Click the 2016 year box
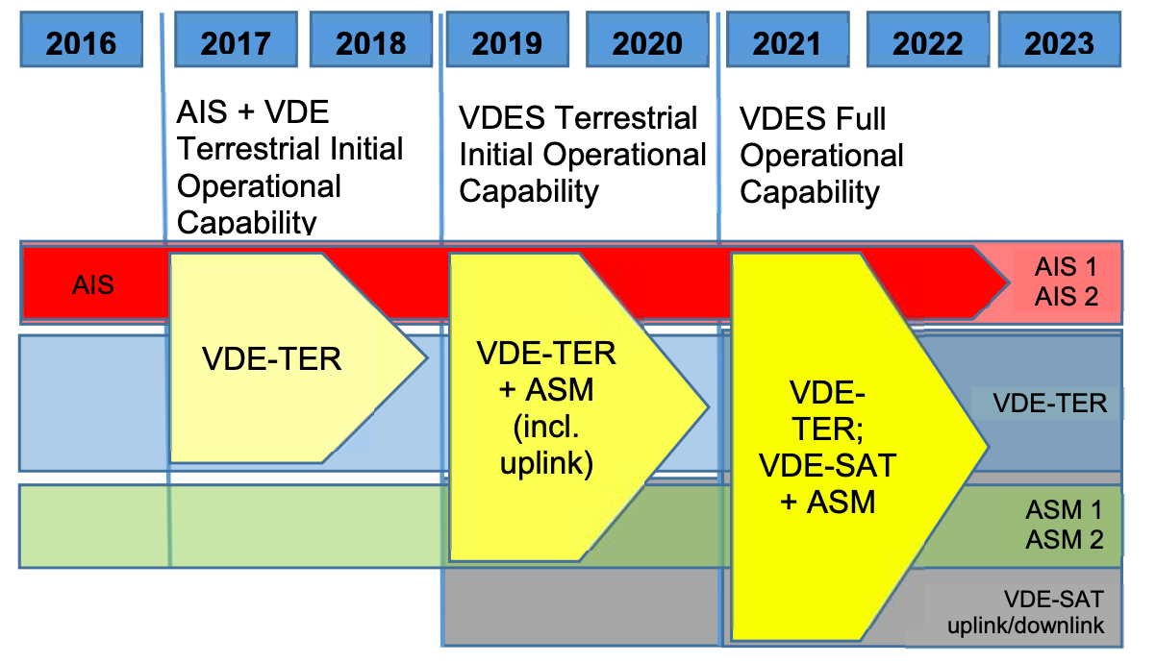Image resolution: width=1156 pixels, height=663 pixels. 82,39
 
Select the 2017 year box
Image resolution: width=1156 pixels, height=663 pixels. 236,39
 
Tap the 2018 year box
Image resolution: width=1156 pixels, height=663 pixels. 371,39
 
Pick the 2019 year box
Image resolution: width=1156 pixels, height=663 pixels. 507,39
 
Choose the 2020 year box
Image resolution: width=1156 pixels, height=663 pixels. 647,39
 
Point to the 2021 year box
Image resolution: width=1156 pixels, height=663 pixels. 788,39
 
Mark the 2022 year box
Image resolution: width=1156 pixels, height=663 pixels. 928,39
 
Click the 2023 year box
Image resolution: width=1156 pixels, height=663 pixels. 1060,39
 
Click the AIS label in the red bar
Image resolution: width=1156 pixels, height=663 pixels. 93,285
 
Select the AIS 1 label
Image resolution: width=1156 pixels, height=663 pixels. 1066,267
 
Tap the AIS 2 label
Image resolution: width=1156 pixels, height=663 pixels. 1067,297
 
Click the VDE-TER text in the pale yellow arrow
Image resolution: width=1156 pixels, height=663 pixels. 271,358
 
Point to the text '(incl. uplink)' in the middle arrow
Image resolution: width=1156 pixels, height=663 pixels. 547,445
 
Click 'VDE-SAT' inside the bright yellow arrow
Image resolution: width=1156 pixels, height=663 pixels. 828,466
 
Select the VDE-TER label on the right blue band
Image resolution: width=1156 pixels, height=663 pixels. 1050,404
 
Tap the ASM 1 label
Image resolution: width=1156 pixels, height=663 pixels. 1064,510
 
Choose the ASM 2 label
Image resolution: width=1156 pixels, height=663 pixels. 1064,540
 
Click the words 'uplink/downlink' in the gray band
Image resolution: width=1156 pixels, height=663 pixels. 1026,626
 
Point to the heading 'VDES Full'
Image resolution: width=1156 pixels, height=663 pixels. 813,119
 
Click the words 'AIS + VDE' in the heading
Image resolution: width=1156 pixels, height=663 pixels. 253,111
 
